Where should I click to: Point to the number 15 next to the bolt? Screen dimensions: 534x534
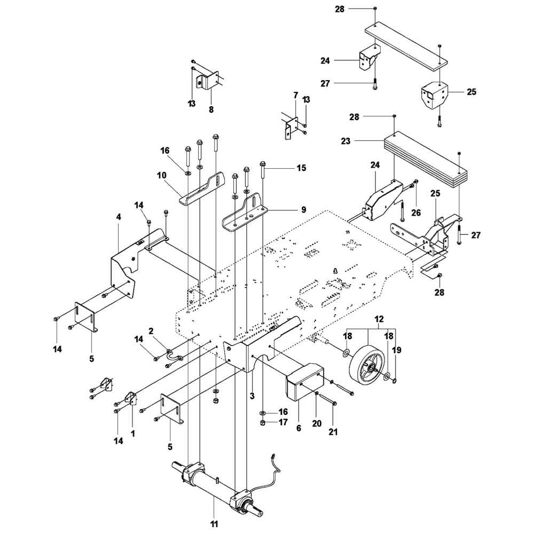pos(301,168)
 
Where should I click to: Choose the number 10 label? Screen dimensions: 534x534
pos(162,175)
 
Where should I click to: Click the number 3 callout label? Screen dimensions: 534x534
pos(251,396)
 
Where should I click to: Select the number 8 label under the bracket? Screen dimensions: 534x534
pos(211,109)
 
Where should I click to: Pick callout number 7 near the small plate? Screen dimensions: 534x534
pos(295,95)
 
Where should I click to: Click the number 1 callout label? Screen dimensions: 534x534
pos(132,434)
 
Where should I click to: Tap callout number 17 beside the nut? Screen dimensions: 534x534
pos(282,422)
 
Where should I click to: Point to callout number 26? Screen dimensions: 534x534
pos(416,212)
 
